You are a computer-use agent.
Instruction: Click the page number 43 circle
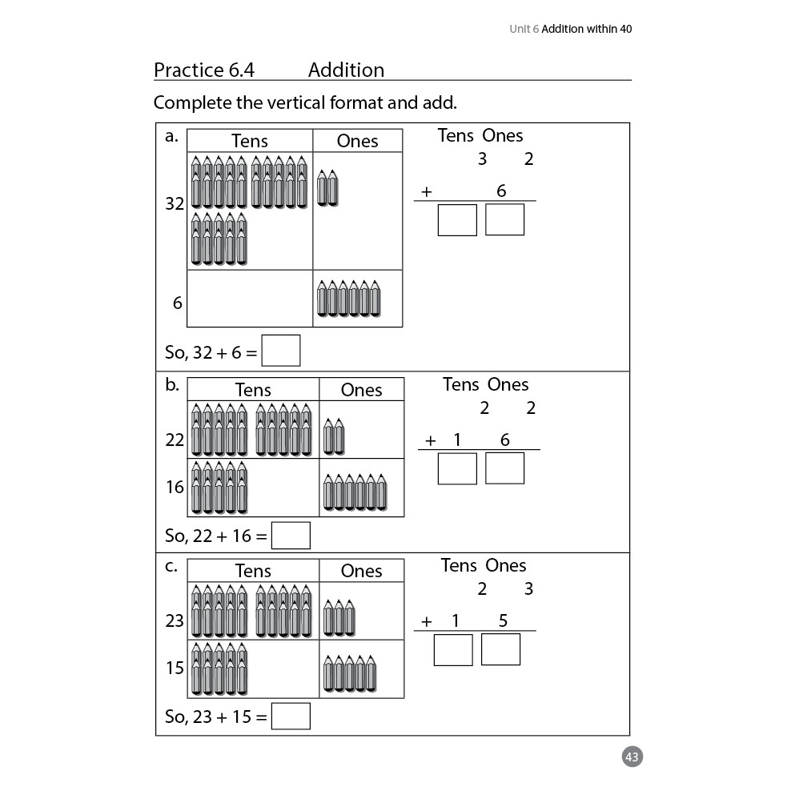(x=632, y=757)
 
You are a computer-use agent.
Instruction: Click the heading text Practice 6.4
(x=204, y=70)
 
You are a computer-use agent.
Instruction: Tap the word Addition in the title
(x=347, y=70)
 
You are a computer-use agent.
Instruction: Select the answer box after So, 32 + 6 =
(x=281, y=351)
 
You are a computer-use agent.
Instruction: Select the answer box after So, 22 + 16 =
(x=291, y=535)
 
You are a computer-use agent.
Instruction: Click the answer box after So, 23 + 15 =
(x=291, y=716)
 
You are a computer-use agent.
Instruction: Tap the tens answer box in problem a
(x=457, y=220)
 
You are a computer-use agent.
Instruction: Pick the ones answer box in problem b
(x=505, y=468)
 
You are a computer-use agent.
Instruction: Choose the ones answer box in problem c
(x=501, y=649)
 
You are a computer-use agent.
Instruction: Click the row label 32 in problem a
(x=175, y=203)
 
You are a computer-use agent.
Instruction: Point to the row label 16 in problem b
(x=175, y=487)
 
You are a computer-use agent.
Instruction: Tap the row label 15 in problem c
(x=175, y=668)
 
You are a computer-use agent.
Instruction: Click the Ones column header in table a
(x=357, y=141)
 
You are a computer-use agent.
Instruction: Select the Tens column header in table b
(x=253, y=390)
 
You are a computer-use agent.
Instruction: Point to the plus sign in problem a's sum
(x=427, y=191)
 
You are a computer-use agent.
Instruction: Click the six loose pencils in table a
(x=349, y=299)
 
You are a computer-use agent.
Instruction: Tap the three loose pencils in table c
(x=339, y=618)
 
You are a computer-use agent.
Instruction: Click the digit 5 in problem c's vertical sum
(x=503, y=620)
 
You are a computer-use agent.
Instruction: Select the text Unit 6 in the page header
(x=524, y=29)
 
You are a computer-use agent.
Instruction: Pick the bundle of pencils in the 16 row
(x=219, y=488)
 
